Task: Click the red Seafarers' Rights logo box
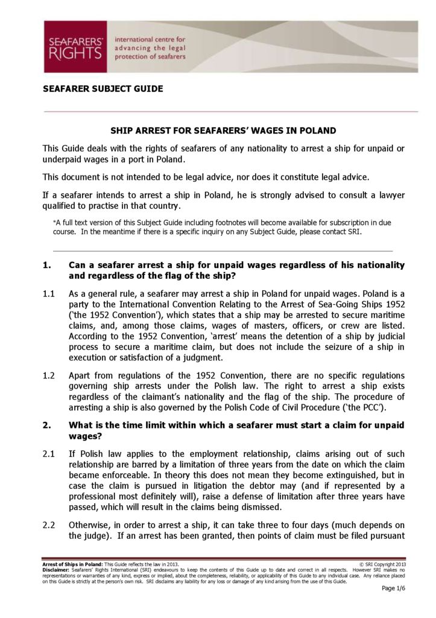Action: (75, 46)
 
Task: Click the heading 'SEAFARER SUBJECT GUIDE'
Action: (103, 89)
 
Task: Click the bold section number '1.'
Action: (46, 266)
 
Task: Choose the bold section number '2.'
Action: (46, 425)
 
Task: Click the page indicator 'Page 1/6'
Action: (393, 588)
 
